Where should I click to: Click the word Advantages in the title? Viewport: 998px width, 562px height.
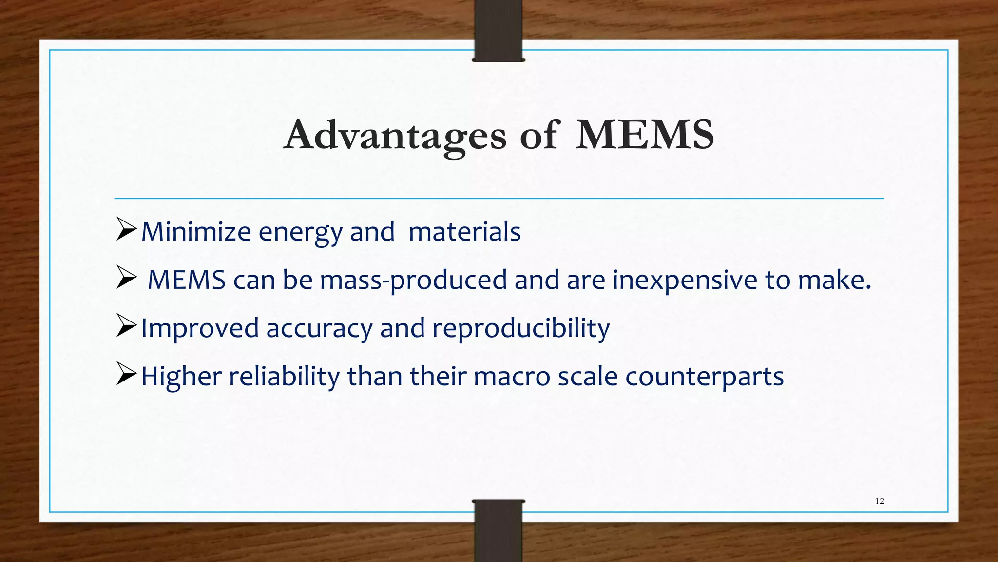(x=395, y=135)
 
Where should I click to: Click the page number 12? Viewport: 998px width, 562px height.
(x=880, y=501)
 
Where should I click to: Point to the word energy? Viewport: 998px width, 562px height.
(x=300, y=232)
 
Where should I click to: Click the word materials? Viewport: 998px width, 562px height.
(x=464, y=231)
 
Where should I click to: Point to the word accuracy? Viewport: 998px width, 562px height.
(x=319, y=328)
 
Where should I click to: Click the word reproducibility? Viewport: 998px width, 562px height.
(x=521, y=328)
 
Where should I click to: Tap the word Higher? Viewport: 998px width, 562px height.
(x=181, y=376)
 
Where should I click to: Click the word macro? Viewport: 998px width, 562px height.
(x=512, y=377)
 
